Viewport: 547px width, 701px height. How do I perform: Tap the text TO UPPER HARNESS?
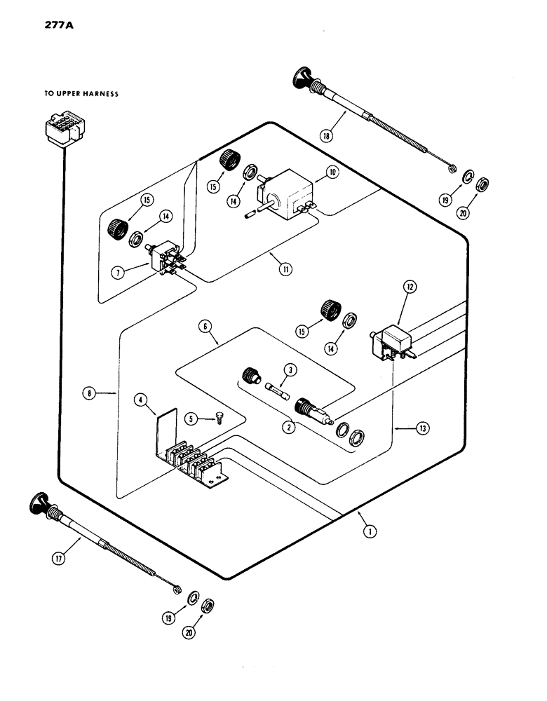81,93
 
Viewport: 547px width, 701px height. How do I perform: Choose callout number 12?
410,285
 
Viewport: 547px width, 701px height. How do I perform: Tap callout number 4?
142,401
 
